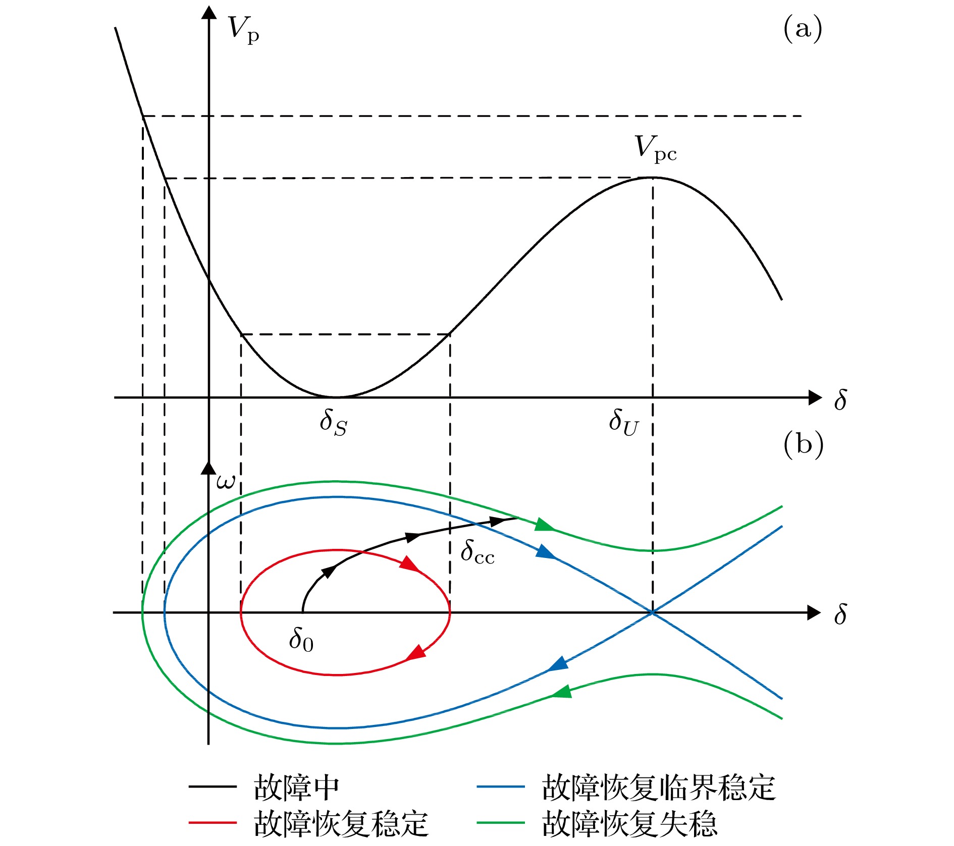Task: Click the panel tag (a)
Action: pyautogui.click(x=803, y=28)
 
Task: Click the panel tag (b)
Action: pyautogui.click(x=803, y=445)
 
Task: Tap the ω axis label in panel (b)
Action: pyautogui.click(x=226, y=482)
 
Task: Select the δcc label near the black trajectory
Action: pyautogui.click(x=478, y=551)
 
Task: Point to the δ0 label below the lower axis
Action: pyautogui.click(x=301, y=640)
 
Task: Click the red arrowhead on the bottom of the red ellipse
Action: pyautogui.click(x=416, y=653)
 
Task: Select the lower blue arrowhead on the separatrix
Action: pyautogui.click(x=558, y=664)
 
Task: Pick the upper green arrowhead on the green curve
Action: pyautogui.click(x=545, y=524)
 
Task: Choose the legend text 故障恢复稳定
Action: pyautogui.click(x=341, y=824)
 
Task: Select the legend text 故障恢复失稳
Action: pyautogui.click(x=629, y=824)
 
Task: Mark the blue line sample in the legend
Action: pyautogui.click(x=501, y=786)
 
